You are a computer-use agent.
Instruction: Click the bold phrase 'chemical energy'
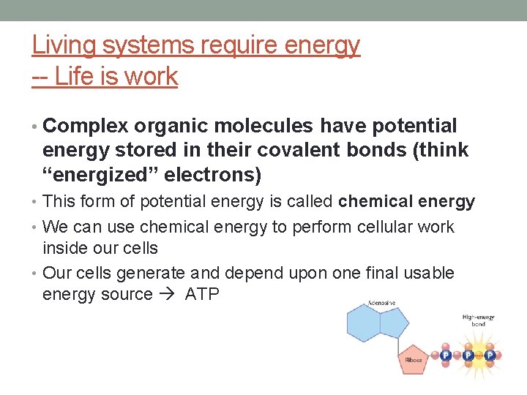click(406, 201)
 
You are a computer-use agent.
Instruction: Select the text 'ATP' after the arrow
click(203, 295)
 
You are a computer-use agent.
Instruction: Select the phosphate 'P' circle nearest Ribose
click(444, 355)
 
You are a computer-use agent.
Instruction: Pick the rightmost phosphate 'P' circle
click(490, 355)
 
